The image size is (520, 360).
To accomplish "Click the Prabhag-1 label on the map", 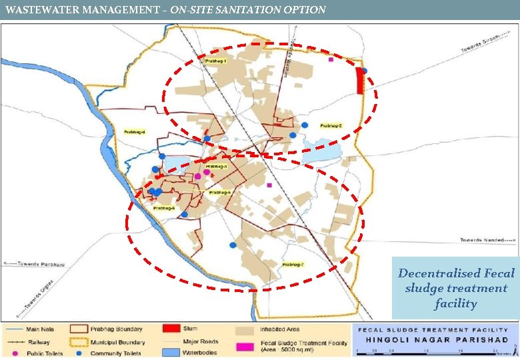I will [215, 61].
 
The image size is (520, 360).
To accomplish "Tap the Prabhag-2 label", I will [331, 125].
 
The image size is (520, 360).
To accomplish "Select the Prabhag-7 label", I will [293, 265].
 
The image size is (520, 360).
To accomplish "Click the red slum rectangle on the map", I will [360, 81].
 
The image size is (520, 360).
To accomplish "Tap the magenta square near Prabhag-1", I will [331, 59].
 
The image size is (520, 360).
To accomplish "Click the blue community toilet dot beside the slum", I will [364, 71].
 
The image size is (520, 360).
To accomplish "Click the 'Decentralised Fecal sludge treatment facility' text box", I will [456, 288].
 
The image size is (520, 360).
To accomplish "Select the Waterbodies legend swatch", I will [172, 353].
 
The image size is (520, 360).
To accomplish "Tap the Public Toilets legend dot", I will [13, 353].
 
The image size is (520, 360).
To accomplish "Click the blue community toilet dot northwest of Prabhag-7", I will [232, 245].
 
